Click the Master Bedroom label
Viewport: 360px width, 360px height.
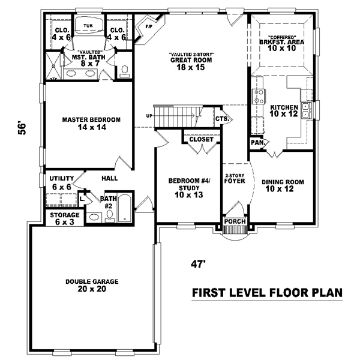click(x=91, y=124)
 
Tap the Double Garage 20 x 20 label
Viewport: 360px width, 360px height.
click(x=92, y=286)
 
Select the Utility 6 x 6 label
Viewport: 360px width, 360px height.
click(x=61, y=183)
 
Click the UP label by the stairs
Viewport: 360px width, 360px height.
click(x=149, y=116)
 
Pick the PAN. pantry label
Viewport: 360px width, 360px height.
click(x=256, y=143)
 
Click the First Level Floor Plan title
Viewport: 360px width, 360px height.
click(x=266, y=293)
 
